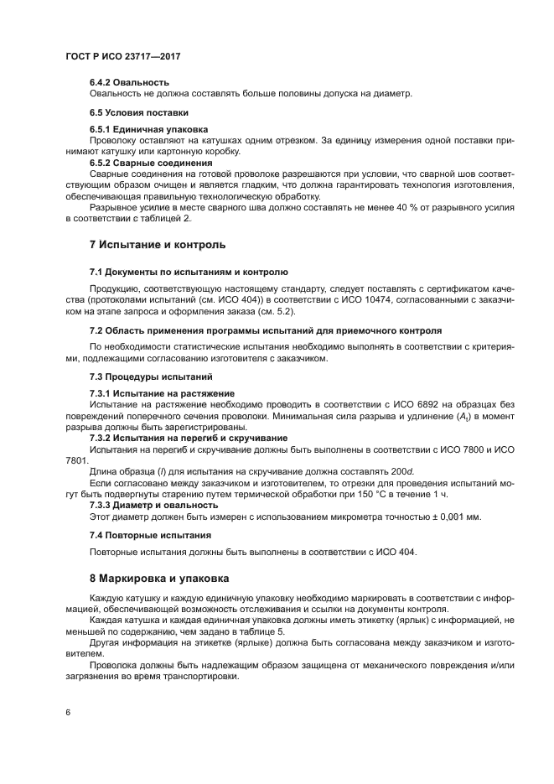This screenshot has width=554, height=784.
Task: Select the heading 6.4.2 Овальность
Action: click(x=130, y=82)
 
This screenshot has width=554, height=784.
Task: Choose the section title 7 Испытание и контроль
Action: click(x=158, y=245)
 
